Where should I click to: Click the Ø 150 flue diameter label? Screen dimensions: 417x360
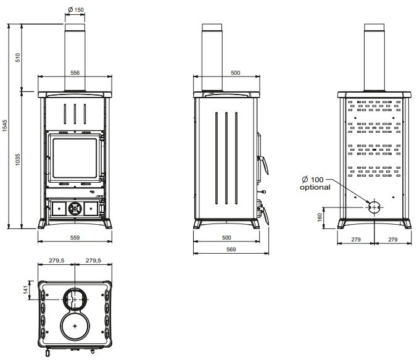click(76, 10)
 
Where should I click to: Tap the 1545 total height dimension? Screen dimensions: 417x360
click(5, 126)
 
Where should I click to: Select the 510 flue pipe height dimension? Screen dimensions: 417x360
click(17, 57)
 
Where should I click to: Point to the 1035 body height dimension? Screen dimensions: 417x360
click(17, 159)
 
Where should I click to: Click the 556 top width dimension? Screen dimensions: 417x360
click(75, 73)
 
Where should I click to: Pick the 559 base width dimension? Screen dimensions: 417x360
click(75, 238)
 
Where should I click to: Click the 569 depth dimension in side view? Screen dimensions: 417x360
click(231, 249)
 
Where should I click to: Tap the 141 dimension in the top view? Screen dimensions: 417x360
click(25, 290)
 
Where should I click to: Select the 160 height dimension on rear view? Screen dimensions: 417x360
click(320, 217)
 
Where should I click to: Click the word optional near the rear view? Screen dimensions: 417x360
click(315, 187)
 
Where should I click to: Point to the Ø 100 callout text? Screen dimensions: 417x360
click(313, 180)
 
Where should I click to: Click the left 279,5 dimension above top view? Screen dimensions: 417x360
click(57, 261)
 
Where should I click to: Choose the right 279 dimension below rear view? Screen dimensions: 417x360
click(393, 240)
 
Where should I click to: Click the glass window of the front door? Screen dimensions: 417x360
click(75, 158)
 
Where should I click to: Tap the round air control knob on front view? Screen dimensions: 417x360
click(75, 209)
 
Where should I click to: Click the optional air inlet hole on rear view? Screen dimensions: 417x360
click(374, 207)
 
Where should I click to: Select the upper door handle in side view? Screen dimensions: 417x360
click(263, 163)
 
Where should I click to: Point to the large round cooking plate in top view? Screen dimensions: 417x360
click(75, 325)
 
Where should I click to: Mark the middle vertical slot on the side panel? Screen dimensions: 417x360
click(226, 158)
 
